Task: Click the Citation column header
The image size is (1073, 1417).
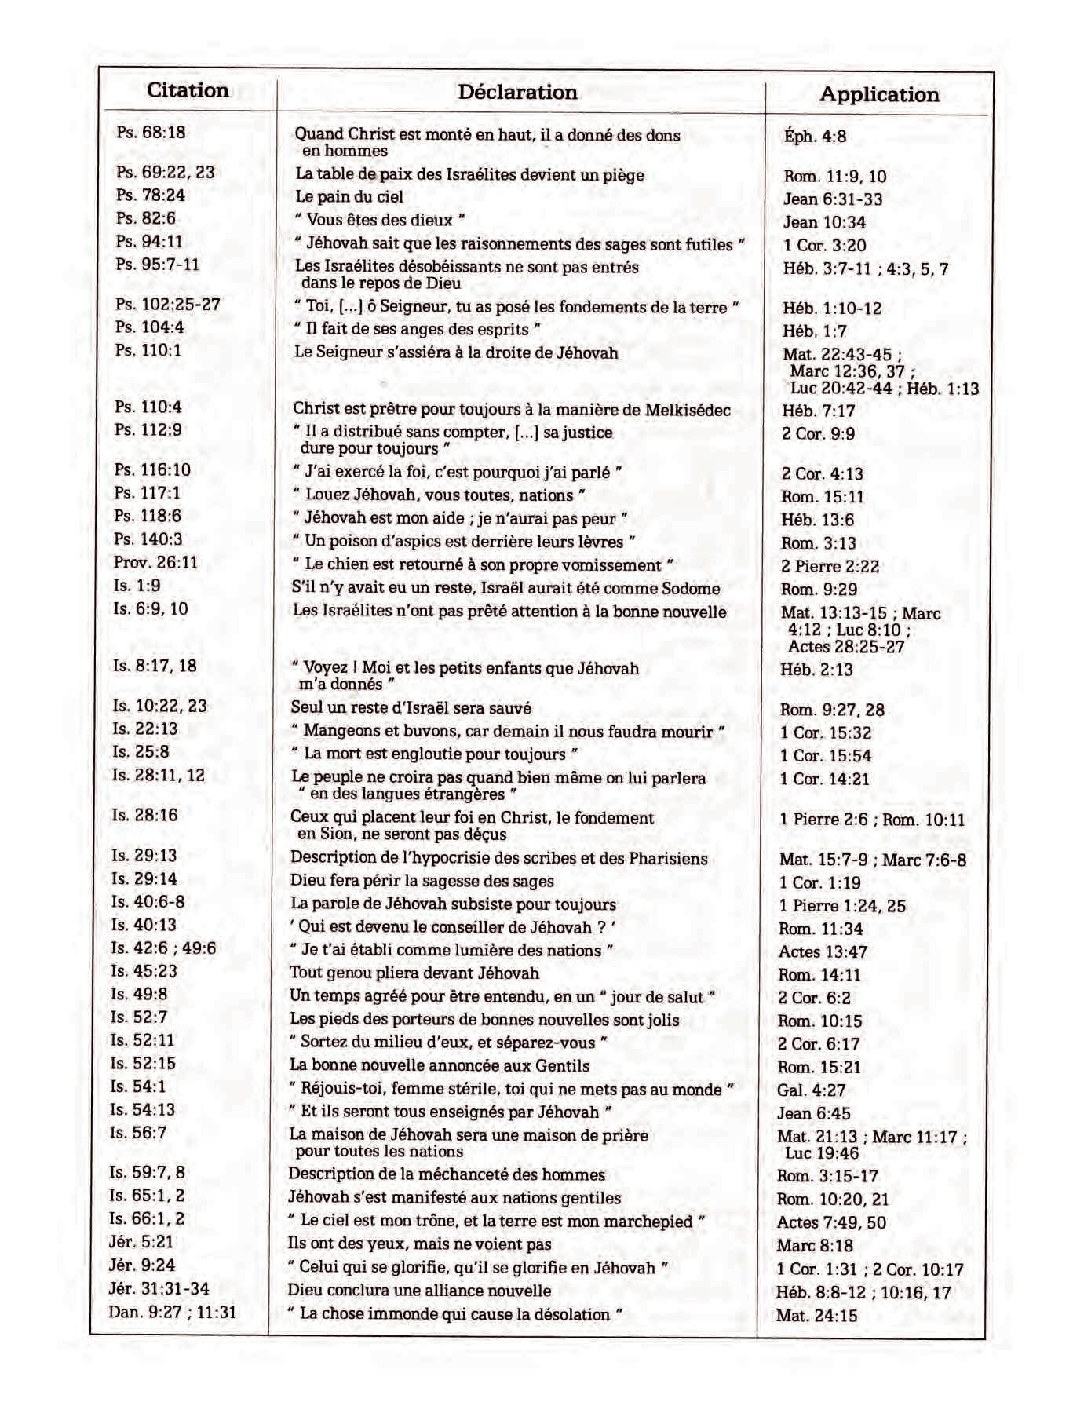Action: click(x=188, y=90)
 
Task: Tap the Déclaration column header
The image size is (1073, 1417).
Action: click(x=517, y=93)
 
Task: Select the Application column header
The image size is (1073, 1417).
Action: click(x=879, y=95)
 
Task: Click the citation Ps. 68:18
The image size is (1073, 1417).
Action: click(x=151, y=133)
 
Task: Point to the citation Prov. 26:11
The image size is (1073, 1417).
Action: click(x=155, y=563)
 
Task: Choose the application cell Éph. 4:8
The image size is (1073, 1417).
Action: click(x=815, y=137)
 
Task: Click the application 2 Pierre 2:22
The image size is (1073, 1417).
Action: click(x=830, y=567)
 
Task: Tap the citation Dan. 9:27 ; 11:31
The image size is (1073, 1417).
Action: click(x=173, y=1312)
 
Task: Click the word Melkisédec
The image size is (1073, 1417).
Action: click(x=688, y=410)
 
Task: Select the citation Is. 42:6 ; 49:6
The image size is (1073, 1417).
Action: click(x=163, y=948)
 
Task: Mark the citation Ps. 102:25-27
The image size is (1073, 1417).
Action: click(x=168, y=305)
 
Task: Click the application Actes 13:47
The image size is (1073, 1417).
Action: click(x=823, y=952)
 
